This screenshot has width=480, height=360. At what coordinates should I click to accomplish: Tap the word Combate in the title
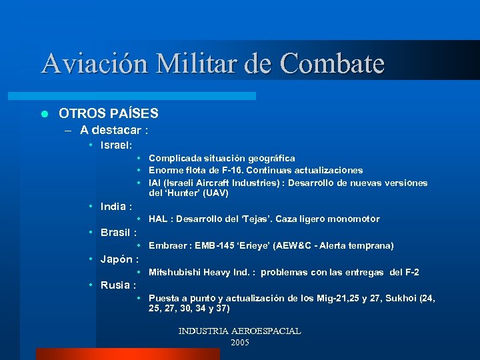[x=333, y=64]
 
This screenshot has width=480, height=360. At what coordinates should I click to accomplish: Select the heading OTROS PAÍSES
[x=109, y=113]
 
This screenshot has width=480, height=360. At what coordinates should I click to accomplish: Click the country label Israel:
[x=116, y=144]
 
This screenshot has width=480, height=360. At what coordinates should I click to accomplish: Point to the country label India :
[x=116, y=206]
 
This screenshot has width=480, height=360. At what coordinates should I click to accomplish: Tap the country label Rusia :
[x=117, y=285]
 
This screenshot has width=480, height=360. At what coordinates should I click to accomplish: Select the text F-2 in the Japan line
[x=413, y=273]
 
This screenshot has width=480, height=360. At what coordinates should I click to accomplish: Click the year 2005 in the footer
[x=239, y=342]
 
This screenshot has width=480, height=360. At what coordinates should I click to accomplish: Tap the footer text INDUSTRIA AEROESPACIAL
[x=239, y=331]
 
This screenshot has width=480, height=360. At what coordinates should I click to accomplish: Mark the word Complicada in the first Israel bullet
[x=172, y=159]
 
